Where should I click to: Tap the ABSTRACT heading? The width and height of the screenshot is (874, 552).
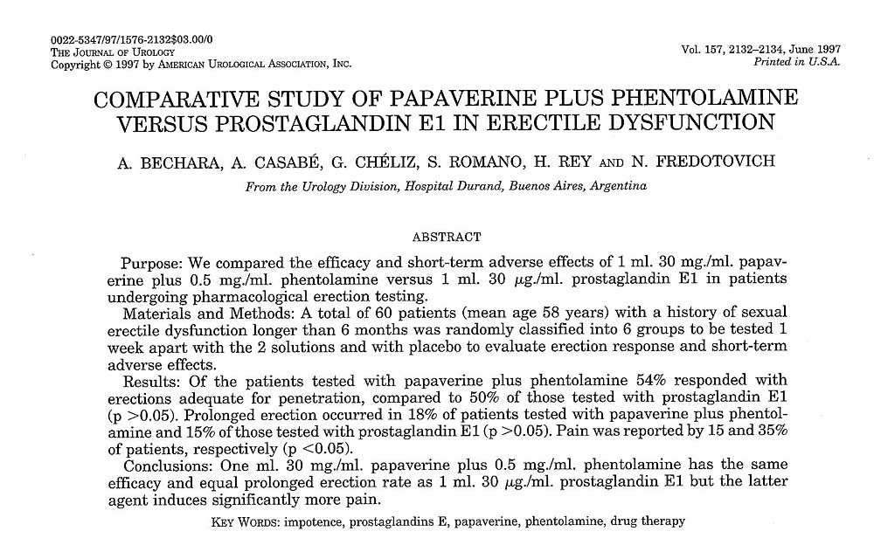coord(446,237)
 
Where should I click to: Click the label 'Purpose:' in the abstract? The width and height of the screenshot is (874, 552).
coord(150,263)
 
